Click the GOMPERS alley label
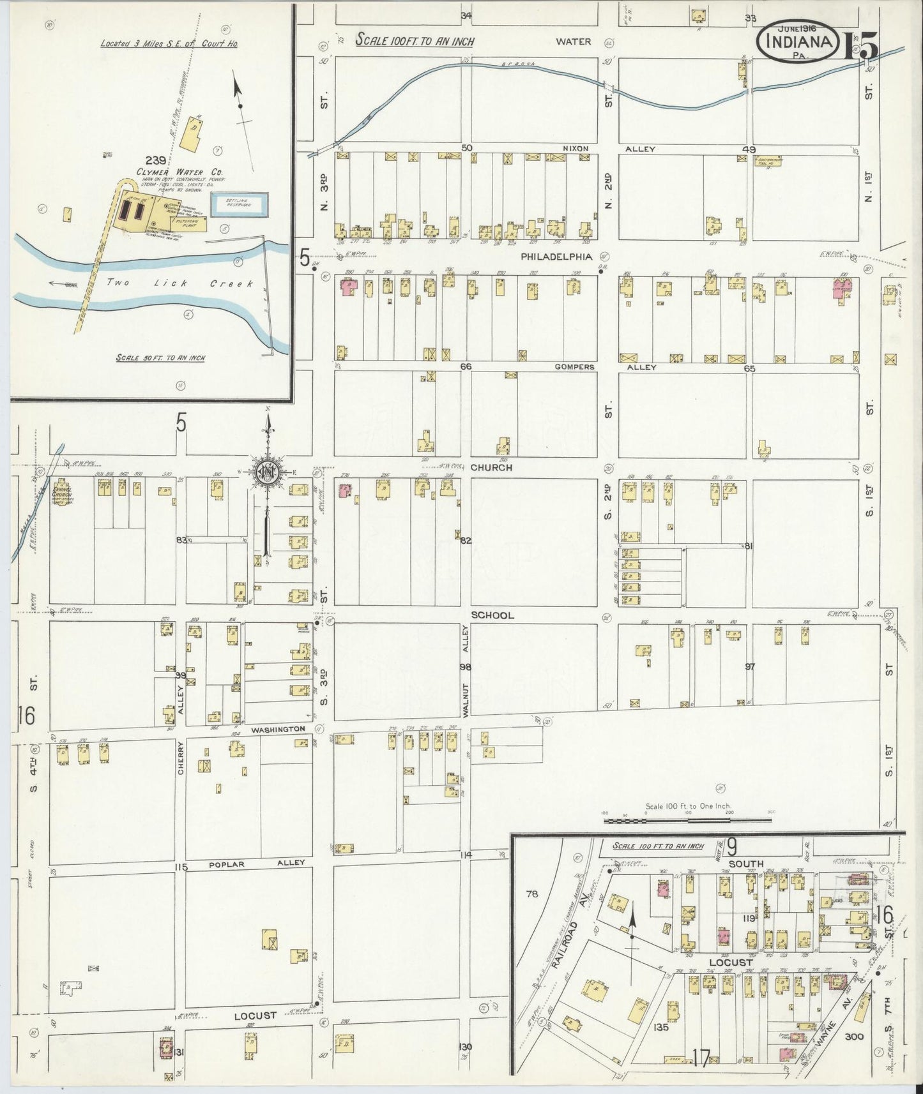click(x=574, y=367)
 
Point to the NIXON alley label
click(x=574, y=148)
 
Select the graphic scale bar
click(x=690, y=818)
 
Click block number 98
click(x=464, y=667)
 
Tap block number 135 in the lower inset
click(x=679, y=1027)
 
